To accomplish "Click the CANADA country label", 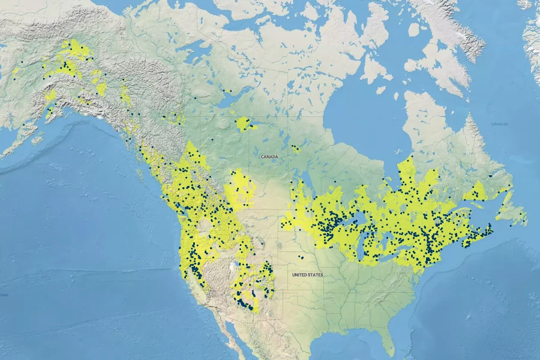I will click(269, 156).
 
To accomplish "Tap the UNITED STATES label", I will click(307, 275).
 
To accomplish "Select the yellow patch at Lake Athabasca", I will click(244, 124).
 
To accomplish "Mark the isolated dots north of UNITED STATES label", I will click(300, 257).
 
